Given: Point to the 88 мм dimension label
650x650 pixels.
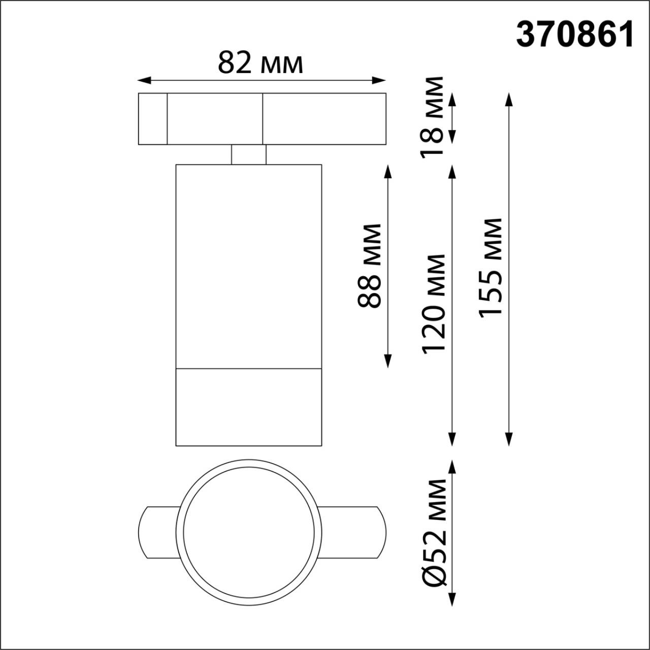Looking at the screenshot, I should pyautogui.click(x=370, y=266).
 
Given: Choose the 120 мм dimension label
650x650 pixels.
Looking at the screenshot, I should pyautogui.click(x=433, y=304).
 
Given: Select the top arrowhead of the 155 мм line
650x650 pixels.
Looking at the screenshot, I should pyautogui.click(x=509, y=99).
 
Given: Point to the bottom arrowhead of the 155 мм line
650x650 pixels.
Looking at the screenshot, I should pyautogui.click(x=509, y=439).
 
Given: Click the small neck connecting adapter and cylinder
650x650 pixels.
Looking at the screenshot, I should pyautogui.click(x=248, y=154).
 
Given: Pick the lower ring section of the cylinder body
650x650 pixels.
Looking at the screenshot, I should pyautogui.click(x=248, y=407).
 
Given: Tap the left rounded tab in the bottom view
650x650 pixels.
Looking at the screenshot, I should pyautogui.click(x=157, y=532).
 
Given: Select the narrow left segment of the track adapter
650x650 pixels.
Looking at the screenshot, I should pyautogui.click(x=152, y=119).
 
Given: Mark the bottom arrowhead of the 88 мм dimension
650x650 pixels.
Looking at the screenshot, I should pyautogui.click(x=388, y=361).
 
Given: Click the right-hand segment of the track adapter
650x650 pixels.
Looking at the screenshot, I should pyautogui.click(x=324, y=119).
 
